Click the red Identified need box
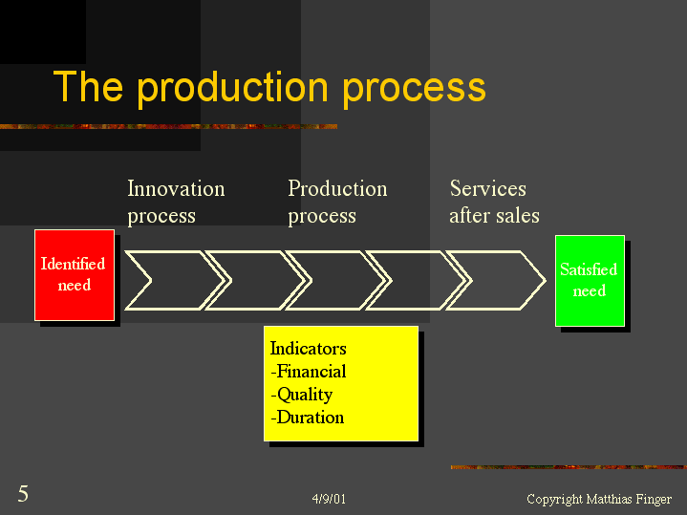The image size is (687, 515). click(75, 275)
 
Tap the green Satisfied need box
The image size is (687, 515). click(590, 281)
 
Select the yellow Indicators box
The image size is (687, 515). click(341, 383)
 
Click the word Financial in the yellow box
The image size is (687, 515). click(311, 372)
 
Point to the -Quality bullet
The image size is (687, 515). click(302, 395)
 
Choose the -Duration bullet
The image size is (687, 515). click(307, 418)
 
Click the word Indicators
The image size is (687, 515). click(308, 349)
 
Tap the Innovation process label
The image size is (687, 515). click(176, 203)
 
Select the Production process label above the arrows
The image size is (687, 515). click(337, 203)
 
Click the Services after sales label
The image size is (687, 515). click(494, 203)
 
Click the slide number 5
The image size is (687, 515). click(23, 494)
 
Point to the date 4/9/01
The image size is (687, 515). click(329, 500)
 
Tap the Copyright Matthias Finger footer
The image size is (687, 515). click(599, 500)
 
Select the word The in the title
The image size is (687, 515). click(88, 88)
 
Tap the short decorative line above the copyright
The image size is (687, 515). click(568, 467)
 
